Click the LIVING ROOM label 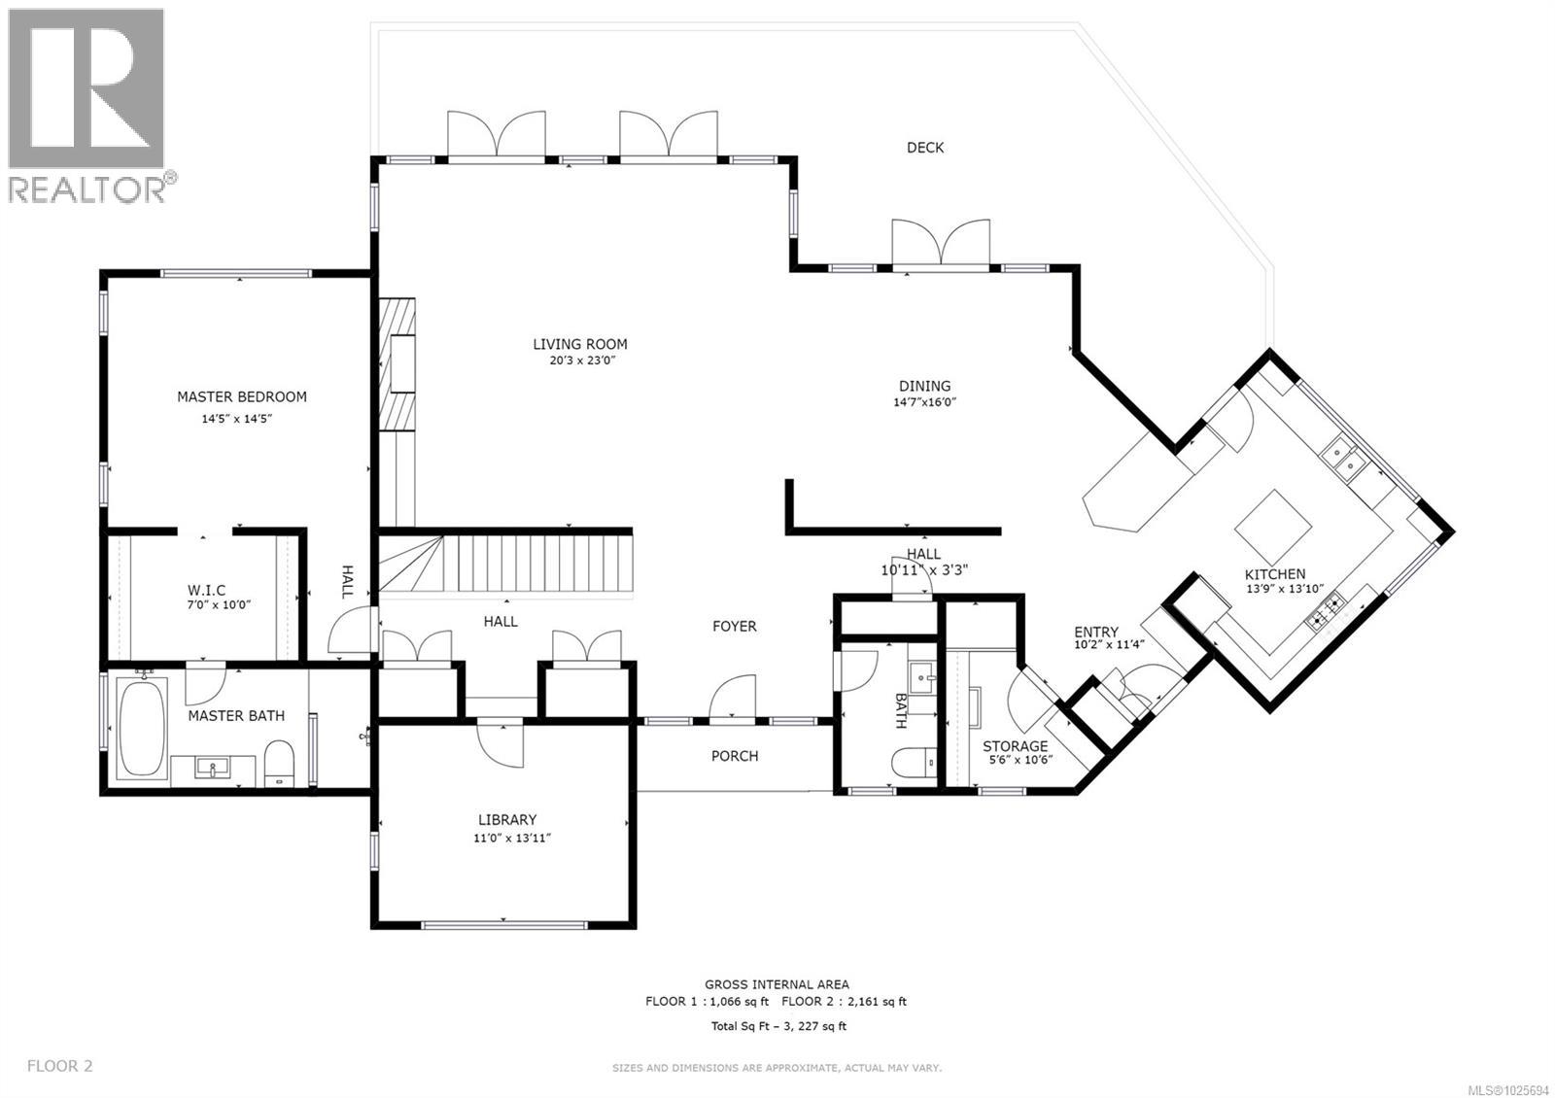(579, 344)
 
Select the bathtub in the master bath (141, 729)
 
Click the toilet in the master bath (280, 764)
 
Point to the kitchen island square (1273, 525)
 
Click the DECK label (924, 148)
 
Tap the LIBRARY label (506, 820)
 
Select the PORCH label (734, 756)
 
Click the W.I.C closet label (206, 590)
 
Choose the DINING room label (923, 386)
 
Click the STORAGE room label (1015, 746)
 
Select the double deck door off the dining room (941, 243)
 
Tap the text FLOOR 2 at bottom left (60, 1066)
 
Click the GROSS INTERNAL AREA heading (777, 984)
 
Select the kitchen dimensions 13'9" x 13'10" (1288, 588)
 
